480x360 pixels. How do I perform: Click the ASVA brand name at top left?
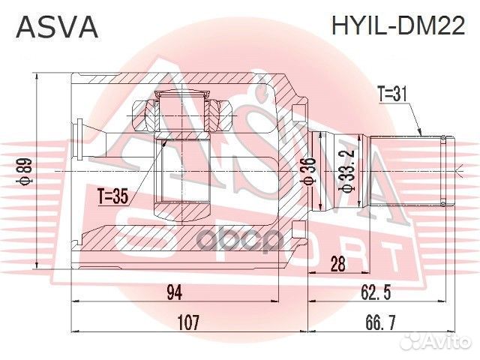point(57,28)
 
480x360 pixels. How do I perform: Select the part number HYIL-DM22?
point(397,28)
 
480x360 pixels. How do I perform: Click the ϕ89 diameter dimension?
point(25,171)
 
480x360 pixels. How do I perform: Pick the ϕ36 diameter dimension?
point(307,171)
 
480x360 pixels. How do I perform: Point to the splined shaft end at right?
point(409,171)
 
